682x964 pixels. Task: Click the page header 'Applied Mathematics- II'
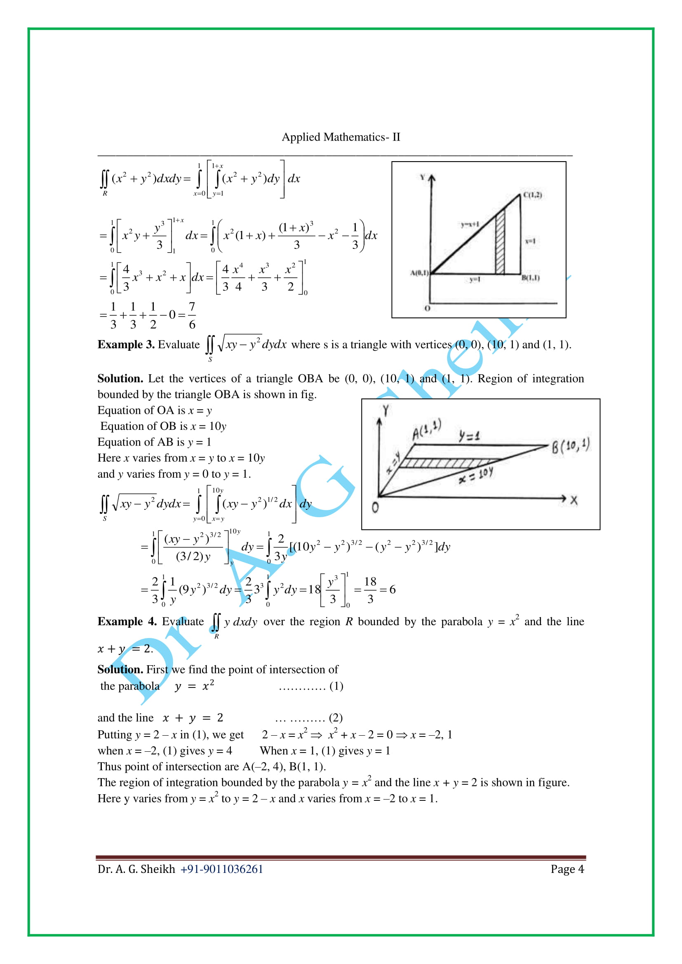(341, 137)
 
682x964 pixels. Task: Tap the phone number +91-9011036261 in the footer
(221, 869)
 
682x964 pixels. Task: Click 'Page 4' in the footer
(567, 869)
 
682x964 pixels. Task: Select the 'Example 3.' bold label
(126, 345)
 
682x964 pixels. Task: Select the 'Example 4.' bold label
(127, 622)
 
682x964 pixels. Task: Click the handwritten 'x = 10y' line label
(476, 476)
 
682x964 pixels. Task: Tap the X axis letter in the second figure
(574, 500)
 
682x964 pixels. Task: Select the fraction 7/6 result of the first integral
(192, 315)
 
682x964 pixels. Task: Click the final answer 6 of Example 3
(392, 589)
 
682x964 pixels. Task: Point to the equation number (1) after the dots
(336, 686)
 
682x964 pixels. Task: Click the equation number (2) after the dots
(336, 718)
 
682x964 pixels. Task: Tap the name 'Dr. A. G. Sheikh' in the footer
(136, 869)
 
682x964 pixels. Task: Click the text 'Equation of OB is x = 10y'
(163, 426)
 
